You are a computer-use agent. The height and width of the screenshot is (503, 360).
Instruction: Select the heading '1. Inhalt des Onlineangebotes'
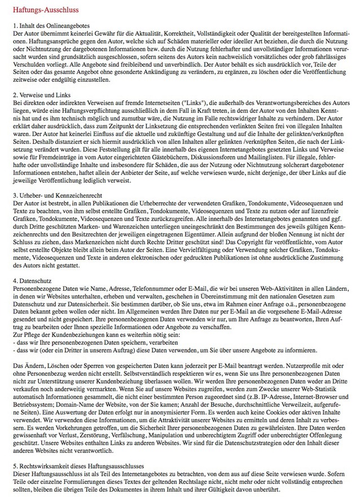pyautogui.click(x=51, y=27)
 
